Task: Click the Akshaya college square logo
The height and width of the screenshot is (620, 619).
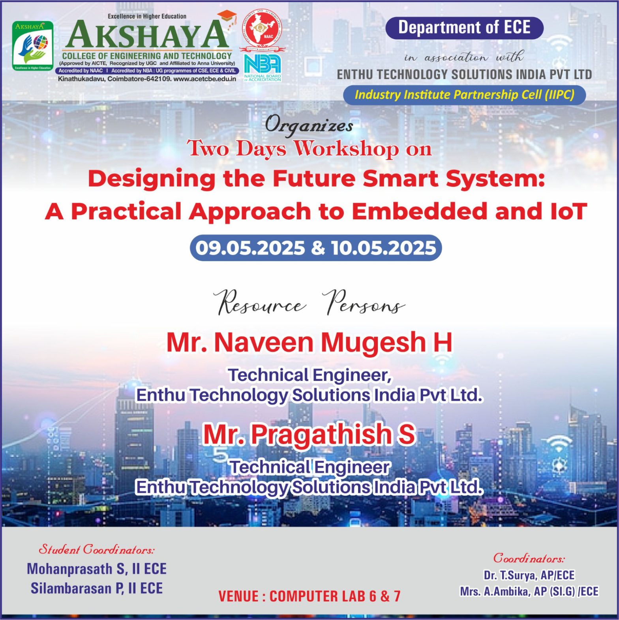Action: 33,46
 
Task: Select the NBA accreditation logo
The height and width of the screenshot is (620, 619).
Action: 263,68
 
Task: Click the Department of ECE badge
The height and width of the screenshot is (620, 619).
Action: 464,28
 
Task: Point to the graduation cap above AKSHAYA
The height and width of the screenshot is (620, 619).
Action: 227,17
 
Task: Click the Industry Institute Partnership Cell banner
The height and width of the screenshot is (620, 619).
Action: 464,95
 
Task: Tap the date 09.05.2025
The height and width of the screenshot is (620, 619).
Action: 250,248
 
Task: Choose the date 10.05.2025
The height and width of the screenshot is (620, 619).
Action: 384,248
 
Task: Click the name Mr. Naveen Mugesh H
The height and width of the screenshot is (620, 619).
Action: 309,342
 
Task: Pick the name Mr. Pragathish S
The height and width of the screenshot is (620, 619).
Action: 309,434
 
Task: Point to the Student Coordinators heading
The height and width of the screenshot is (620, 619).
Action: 97,549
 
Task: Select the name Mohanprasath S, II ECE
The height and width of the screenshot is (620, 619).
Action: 97,569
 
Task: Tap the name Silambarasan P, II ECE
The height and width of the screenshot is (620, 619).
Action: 97,588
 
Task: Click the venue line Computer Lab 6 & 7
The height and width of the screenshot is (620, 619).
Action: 309,596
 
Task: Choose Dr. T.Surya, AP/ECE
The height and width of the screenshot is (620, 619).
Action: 529,575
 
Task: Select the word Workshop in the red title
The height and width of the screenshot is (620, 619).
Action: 347,149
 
